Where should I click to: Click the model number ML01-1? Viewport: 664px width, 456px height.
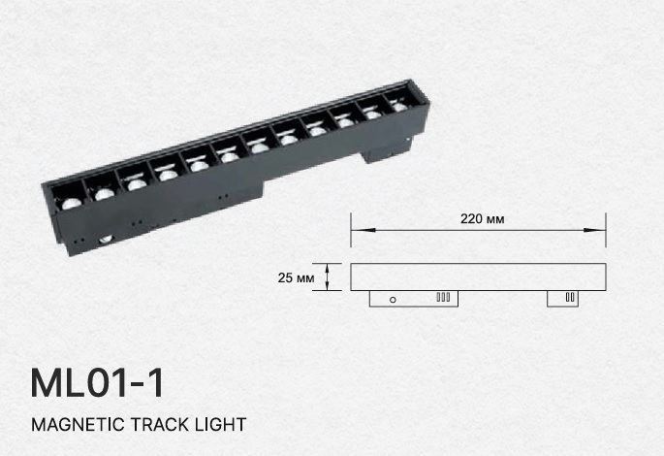(x=97, y=383)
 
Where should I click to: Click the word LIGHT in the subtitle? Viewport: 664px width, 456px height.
(x=220, y=424)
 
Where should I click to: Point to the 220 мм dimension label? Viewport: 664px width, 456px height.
(x=483, y=219)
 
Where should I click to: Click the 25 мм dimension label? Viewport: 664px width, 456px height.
(x=296, y=278)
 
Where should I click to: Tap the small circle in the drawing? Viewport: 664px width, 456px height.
(x=393, y=300)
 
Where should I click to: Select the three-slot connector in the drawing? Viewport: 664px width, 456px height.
(x=443, y=297)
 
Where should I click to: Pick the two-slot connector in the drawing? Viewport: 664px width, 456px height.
(x=570, y=297)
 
